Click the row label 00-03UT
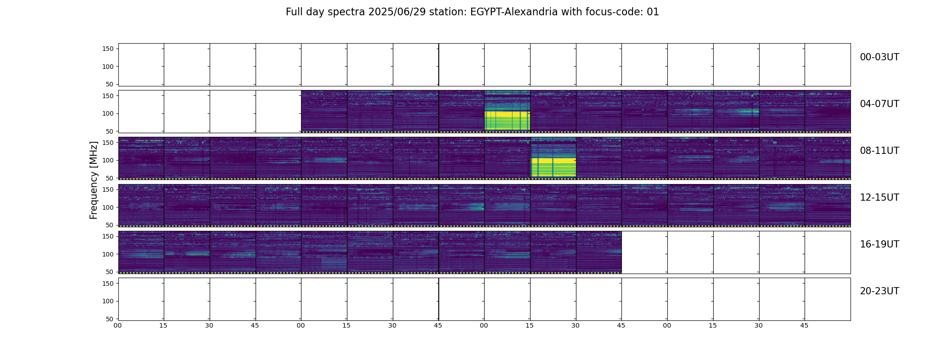(879, 57)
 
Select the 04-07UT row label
(879, 104)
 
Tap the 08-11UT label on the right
(879, 151)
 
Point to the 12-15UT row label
(879, 198)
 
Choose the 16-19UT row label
(879, 244)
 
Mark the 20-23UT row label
(879, 291)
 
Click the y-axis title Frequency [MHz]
(94, 180)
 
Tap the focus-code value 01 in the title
(653, 12)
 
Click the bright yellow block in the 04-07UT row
(507, 120)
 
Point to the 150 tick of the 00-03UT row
(108, 49)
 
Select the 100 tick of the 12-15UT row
(108, 207)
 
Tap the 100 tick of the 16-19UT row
(108, 254)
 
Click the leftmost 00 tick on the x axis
(118, 325)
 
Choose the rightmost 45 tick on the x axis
(805, 325)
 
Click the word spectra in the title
(346, 13)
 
